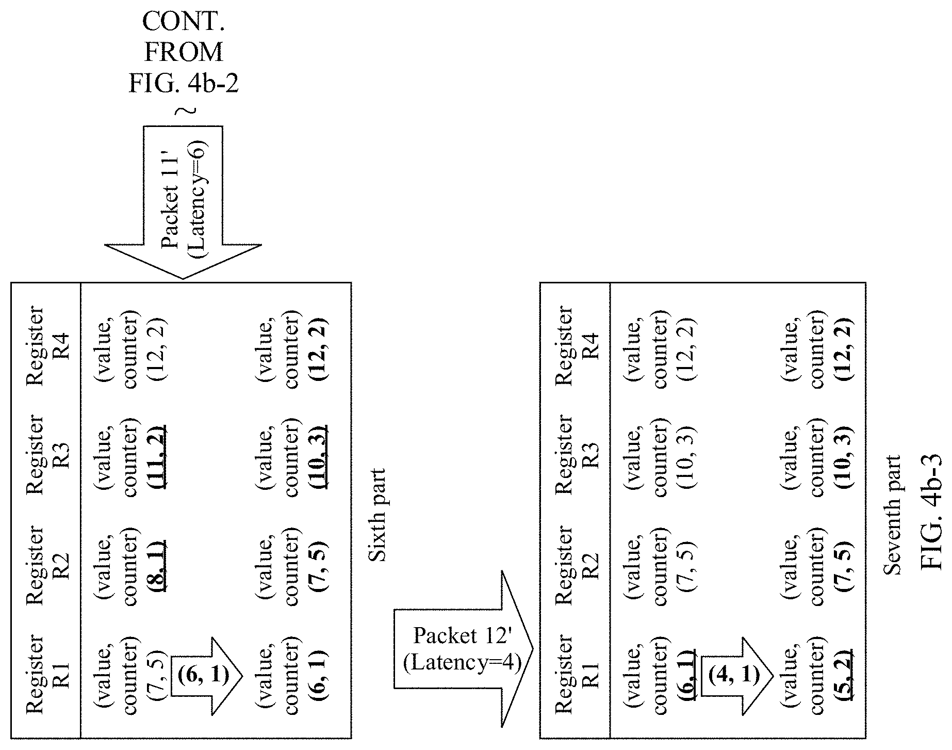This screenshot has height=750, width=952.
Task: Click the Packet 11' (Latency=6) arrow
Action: [x=183, y=202]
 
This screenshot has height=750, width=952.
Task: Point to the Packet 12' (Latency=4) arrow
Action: [x=463, y=649]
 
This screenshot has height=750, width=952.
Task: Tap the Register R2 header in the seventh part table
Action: [x=577, y=565]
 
